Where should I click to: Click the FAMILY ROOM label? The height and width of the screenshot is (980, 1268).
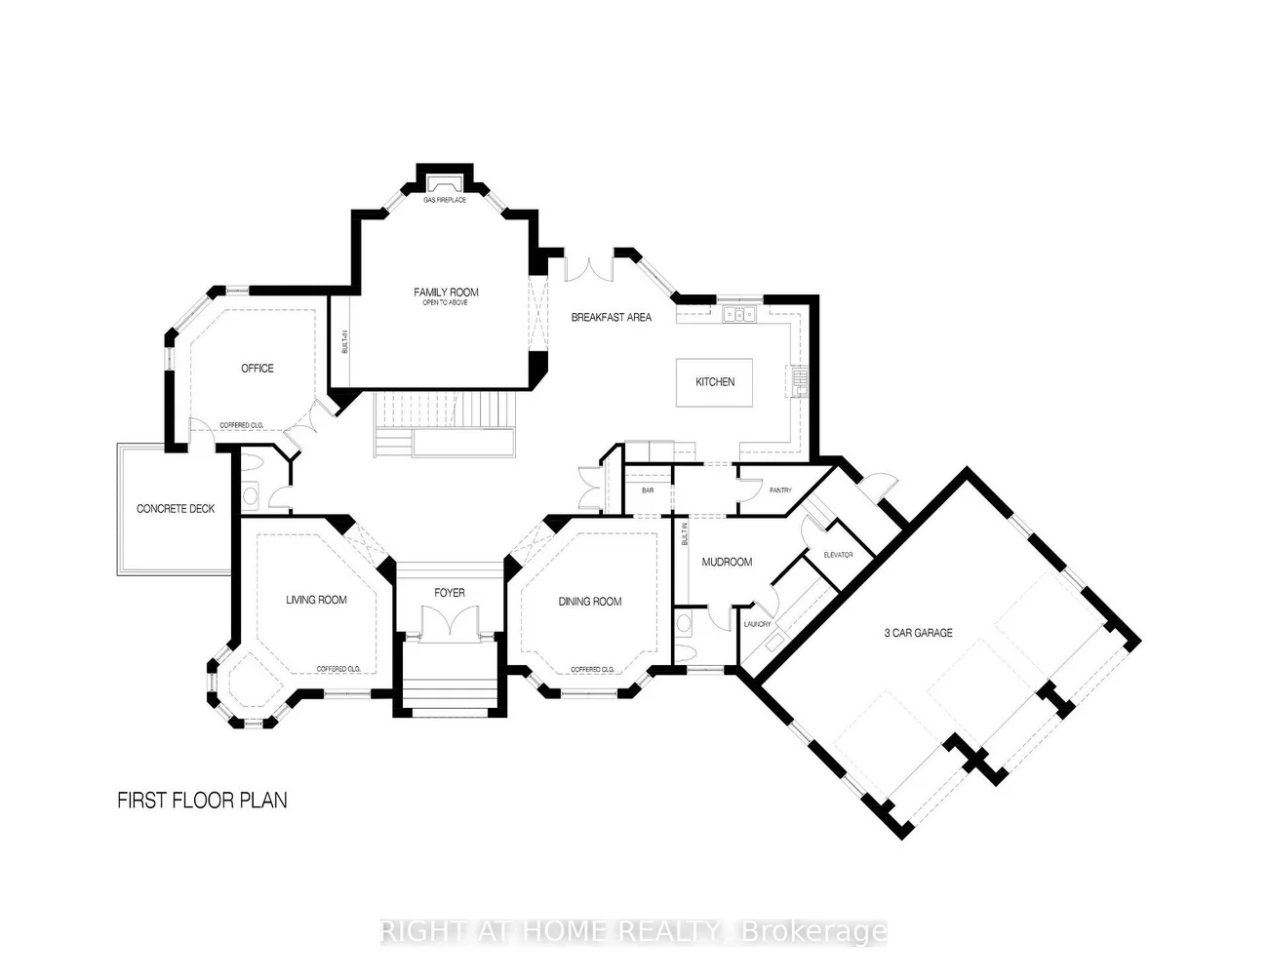point(446,293)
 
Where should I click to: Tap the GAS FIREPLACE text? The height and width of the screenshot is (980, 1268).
point(445,201)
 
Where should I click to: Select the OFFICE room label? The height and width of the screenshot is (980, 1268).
point(258,369)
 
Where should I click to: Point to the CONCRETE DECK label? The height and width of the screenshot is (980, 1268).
point(176,509)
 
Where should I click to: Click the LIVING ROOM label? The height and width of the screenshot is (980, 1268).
point(316,600)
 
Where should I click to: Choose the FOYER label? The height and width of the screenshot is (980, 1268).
point(450,593)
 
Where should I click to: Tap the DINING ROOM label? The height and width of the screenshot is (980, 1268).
point(590,602)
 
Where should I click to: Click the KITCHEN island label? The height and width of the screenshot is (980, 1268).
point(715,382)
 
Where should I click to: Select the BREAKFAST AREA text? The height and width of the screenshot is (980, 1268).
point(612,318)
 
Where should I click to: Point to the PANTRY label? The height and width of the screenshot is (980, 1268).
point(780,490)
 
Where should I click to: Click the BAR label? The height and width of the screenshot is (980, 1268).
point(648,490)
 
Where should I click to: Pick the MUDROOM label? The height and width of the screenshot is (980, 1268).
point(728,562)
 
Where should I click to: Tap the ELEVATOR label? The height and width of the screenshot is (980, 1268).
point(838,555)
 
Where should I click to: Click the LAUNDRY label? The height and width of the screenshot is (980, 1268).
point(757,624)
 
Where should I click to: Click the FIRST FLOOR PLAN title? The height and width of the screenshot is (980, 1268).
point(202,801)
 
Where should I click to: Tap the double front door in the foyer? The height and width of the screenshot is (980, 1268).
point(450,622)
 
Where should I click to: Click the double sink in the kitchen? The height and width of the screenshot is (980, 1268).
point(739,314)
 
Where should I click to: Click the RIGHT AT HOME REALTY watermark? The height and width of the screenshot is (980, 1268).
point(634,932)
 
